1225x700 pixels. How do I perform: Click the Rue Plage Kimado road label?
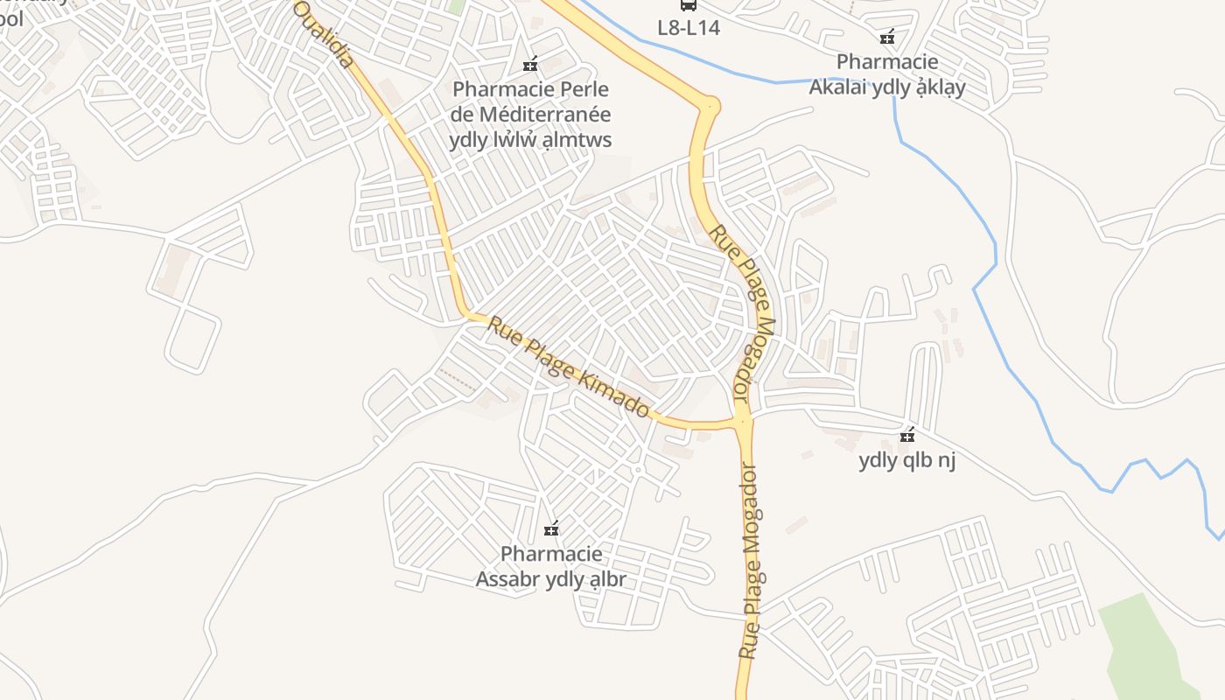(x=570, y=367)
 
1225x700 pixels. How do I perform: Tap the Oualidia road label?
(x=324, y=35)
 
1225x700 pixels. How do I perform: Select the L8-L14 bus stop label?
(x=689, y=28)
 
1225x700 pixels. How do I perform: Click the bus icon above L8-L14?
(x=689, y=5)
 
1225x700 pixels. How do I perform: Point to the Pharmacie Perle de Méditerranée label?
(x=530, y=115)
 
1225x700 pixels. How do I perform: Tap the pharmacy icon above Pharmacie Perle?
(x=529, y=64)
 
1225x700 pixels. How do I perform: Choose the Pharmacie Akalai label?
(x=887, y=74)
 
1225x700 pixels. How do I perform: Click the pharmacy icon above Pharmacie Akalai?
(x=887, y=37)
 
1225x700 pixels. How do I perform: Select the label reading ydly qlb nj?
(x=907, y=460)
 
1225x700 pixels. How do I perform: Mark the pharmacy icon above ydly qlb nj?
(x=907, y=435)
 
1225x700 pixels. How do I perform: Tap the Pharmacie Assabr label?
(x=551, y=566)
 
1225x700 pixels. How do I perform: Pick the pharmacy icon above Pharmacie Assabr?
(x=551, y=528)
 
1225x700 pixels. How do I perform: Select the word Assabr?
(x=507, y=579)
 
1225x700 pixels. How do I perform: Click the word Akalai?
(x=839, y=87)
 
